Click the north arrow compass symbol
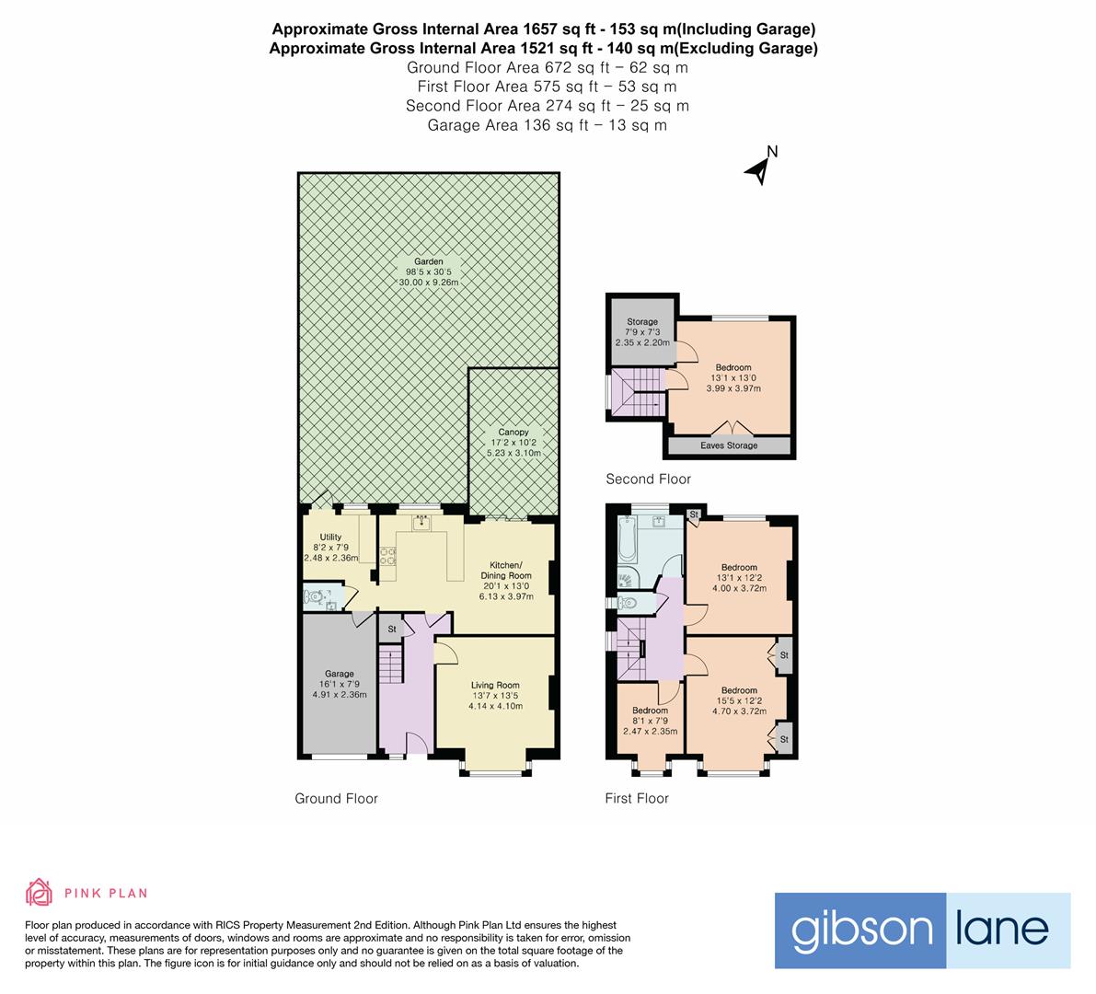point(761,167)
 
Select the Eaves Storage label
point(730,445)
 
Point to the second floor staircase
point(638,393)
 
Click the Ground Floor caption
point(336,799)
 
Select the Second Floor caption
point(648,479)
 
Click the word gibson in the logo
point(848,930)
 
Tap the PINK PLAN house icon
point(39,892)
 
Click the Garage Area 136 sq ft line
point(547,125)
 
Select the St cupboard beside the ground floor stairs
point(391,630)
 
